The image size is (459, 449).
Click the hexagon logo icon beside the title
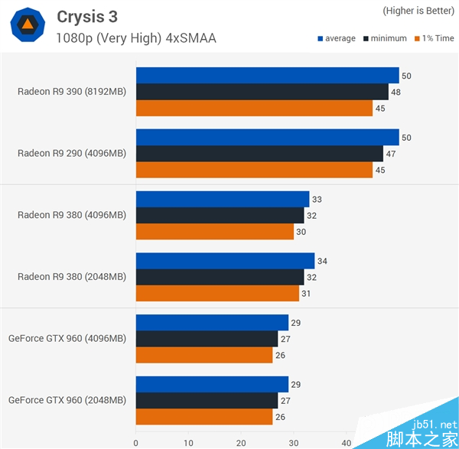[x=27, y=25]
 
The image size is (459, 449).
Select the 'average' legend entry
[x=336, y=38]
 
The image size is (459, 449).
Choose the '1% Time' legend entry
[x=434, y=38]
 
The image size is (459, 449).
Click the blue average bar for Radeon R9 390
[x=267, y=76]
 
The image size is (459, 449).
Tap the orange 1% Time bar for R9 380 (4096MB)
[x=214, y=232]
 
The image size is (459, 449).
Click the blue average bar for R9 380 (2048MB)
[x=225, y=261]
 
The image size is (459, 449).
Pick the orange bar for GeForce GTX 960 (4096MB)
[x=203, y=355]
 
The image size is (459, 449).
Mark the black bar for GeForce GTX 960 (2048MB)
[x=207, y=401]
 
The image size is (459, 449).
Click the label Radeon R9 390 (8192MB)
[x=72, y=92]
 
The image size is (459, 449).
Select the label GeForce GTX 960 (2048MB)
[x=67, y=401]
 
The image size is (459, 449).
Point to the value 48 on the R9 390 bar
[x=396, y=92]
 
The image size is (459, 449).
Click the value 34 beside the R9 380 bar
[x=322, y=262]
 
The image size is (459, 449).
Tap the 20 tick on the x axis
[x=241, y=442]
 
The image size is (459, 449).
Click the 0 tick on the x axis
[x=135, y=442]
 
